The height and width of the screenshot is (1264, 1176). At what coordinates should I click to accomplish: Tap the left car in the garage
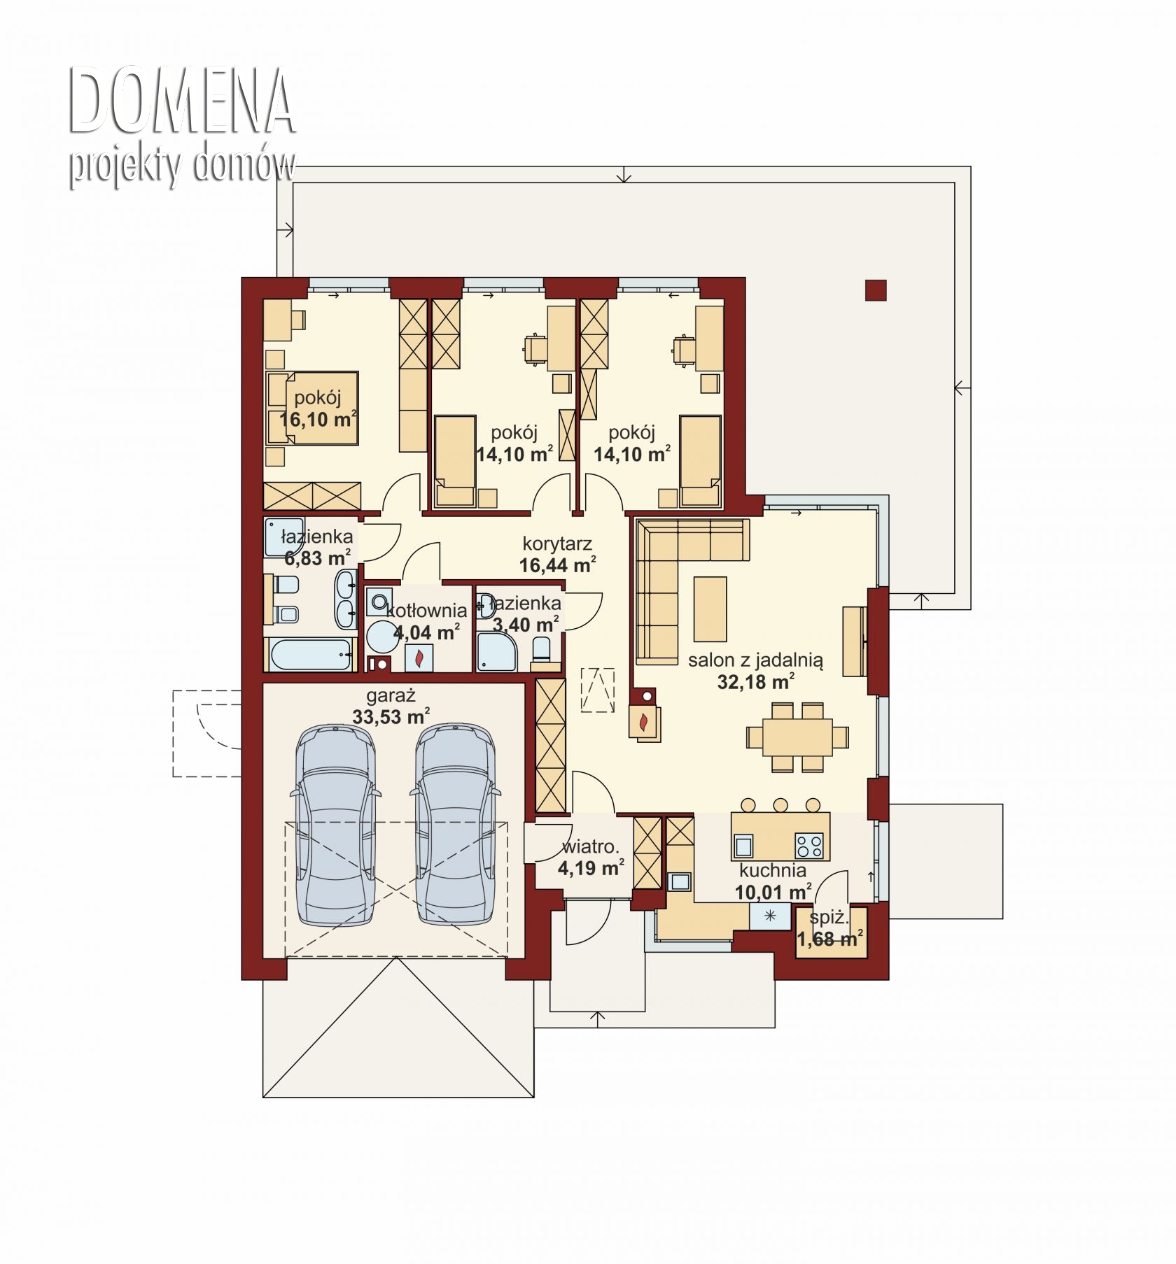(335, 825)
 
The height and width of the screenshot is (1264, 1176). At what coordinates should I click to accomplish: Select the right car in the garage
(455, 825)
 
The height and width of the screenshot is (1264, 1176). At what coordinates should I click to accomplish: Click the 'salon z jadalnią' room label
(755, 660)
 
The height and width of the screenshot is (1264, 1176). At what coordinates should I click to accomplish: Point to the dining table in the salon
(797, 737)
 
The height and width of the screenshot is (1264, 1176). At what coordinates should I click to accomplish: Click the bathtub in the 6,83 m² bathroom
(308, 655)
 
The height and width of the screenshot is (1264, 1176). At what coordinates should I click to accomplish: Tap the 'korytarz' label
(557, 544)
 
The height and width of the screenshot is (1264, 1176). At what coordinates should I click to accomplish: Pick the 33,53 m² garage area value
(391, 716)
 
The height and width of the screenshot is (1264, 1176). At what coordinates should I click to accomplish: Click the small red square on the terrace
(876, 290)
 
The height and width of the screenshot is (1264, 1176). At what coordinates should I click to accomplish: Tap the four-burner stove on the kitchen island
(809, 846)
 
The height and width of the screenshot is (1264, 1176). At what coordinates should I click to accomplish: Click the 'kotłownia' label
(426, 611)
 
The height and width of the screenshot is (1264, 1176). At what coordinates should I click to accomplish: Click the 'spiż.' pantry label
(829, 918)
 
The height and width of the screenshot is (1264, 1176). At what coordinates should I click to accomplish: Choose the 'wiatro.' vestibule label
(590, 847)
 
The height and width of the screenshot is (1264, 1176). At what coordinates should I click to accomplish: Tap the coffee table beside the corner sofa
(710, 609)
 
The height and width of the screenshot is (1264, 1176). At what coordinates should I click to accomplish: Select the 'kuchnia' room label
(773, 871)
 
